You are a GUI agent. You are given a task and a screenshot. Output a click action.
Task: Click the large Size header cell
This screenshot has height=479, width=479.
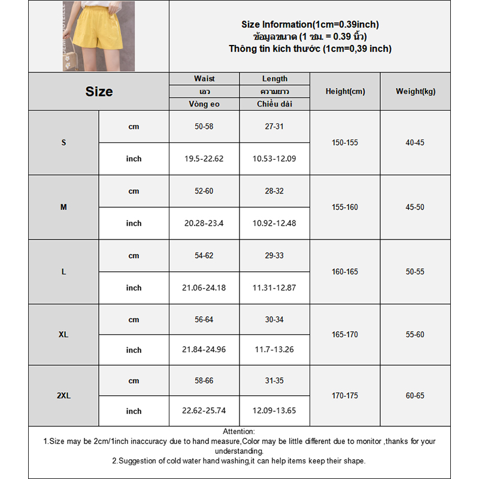click(99, 92)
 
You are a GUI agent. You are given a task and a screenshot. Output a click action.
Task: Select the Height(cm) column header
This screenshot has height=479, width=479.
click(345, 92)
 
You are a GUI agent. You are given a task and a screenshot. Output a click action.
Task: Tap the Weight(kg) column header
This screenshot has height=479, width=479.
click(416, 92)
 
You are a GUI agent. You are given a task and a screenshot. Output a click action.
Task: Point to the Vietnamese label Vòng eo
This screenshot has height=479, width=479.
click(204, 104)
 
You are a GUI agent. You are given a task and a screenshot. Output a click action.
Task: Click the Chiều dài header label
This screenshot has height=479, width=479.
click(274, 104)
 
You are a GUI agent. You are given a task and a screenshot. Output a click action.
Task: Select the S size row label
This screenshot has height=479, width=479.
click(63, 143)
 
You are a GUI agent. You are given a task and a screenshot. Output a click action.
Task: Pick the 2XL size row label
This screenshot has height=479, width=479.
click(63, 396)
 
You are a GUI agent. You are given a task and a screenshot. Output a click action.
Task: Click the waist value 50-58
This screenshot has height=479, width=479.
click(204, 127)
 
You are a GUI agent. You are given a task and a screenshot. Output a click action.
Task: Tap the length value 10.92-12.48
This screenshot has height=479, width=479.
click(274, 223)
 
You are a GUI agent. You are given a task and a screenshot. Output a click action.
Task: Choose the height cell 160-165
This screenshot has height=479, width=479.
click(345, 272)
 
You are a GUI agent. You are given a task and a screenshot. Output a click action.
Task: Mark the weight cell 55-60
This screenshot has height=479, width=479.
click(415, 335)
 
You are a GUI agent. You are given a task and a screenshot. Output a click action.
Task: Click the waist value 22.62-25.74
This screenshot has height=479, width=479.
click(204, 411)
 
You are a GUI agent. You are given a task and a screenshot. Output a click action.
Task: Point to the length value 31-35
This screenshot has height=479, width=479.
click(274, 381)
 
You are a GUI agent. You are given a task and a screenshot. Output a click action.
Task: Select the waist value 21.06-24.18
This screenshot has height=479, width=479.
click(204, 288)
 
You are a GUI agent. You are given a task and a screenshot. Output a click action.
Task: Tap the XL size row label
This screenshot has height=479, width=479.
click(63, 335)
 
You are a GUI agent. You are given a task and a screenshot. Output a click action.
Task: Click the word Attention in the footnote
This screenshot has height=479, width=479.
click(238, 432)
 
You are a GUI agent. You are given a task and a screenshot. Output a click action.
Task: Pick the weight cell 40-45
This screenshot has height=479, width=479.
click(415, 143)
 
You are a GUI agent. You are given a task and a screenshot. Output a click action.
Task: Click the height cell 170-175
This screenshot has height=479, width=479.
click(345, 396)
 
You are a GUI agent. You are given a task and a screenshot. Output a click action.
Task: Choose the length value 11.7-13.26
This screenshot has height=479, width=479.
click(274, 350)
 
